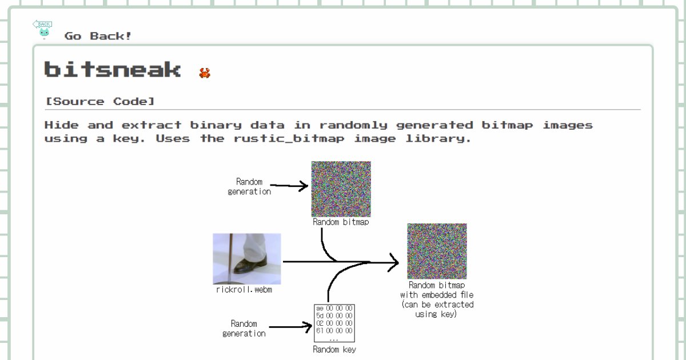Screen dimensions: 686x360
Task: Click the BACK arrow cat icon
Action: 42,29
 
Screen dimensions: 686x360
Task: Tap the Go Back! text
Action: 98,36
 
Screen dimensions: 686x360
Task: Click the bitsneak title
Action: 113,70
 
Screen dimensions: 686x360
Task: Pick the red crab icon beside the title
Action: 205,73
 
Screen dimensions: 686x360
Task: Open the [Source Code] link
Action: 100,101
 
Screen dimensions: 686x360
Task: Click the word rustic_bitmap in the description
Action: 289,139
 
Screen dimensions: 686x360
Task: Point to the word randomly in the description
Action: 353,126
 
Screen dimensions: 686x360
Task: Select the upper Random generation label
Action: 249,186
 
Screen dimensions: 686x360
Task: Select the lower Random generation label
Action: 244,329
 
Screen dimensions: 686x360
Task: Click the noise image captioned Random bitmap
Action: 341,189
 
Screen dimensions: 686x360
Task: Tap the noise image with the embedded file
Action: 437,251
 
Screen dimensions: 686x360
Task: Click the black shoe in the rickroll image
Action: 250,266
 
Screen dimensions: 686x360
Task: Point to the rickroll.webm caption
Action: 244,290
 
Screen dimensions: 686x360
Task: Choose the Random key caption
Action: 334,349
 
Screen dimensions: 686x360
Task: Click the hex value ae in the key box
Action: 320,308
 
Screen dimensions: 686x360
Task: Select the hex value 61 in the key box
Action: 320,331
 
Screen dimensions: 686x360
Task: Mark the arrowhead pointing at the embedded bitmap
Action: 393,262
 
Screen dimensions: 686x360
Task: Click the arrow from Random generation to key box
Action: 290,327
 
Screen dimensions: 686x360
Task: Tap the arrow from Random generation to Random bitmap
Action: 289,186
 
